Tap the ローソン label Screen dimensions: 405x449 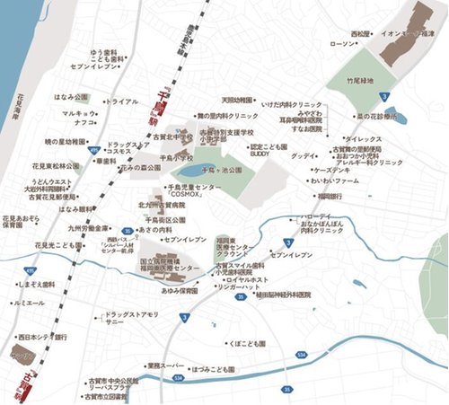(x=344, y=44)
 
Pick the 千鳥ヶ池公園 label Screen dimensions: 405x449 (x=222, y=169)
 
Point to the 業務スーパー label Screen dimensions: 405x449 (x=167, y=365)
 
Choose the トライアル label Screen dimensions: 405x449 (x=122, y=101)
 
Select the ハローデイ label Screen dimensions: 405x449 (x=318, y=217)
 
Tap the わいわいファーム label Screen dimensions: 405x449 (x=335, y=181)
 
